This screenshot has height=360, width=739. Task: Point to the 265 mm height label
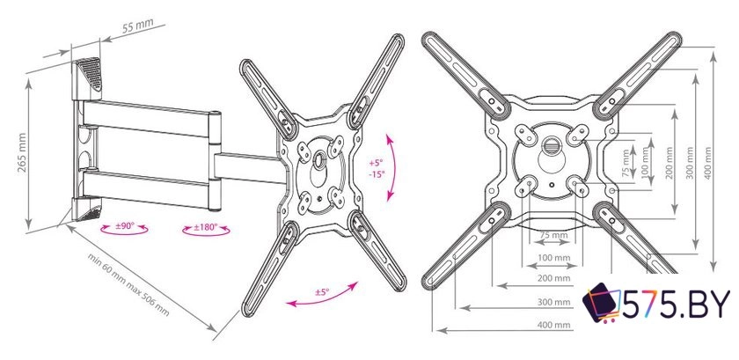[x=22, y=153]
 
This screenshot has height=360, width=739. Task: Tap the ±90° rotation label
[x=125, y=226]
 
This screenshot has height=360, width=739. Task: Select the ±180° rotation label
[x=206, y=227]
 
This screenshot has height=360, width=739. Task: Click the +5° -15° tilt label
[x=377, y=168]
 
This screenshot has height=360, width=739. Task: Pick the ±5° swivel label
[x=322, y=292]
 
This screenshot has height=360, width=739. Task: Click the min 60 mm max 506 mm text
[x=128, y=284]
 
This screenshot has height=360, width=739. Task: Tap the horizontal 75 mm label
[x=553, y=235]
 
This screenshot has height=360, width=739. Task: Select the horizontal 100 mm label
[x=553, y=258]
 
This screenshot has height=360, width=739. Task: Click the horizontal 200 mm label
[x=553, y=278]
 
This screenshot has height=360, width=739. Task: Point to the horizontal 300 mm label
[x=553, y=302]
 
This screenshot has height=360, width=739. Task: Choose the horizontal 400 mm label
[x=553, y=325]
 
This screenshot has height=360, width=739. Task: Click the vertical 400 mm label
[x=707, y=163]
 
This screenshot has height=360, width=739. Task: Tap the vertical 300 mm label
[x=690, y=164]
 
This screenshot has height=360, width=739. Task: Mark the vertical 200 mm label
[x=669, y=164]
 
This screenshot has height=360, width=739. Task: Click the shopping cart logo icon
[x=602, y=303]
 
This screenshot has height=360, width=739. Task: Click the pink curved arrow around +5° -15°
[x=391, y=167]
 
